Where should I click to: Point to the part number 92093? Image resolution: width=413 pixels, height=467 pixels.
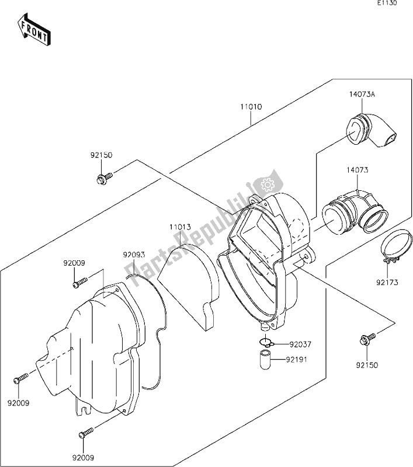(x=134, y=255)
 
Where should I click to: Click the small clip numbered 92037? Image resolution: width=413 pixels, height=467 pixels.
(x=265, y=342)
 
